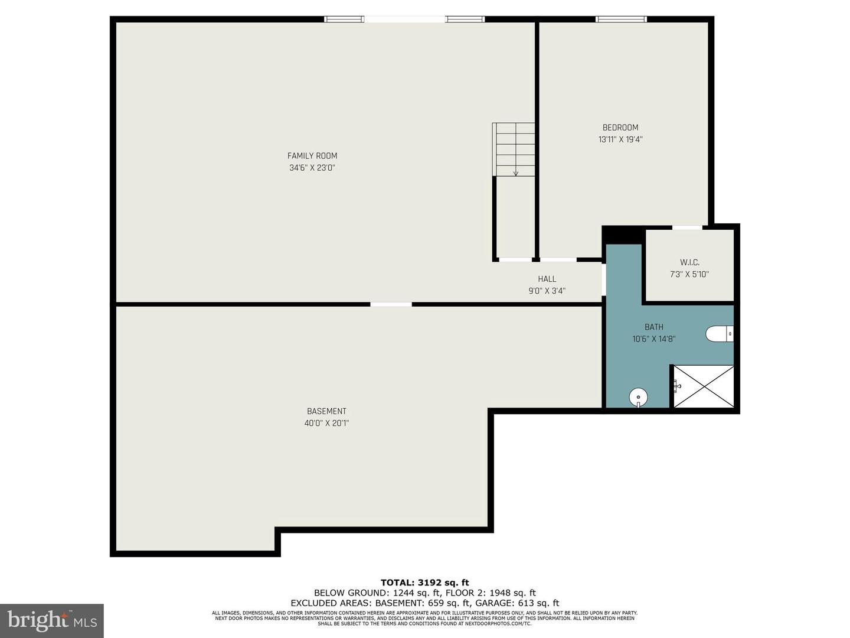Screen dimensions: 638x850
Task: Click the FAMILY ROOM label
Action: pyautogui.click(x=312, y=156)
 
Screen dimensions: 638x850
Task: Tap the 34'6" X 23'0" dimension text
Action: pyautogui.click(x=312, y=168)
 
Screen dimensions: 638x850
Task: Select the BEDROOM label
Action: pyautogui.click(x=620, y=128)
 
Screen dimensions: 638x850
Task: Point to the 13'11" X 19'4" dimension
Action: pyautogui.click(x=620, y=140)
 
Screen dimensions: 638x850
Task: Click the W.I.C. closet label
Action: pyautogui.click(x=689, y=262)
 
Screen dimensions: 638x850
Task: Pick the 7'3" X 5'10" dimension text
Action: pyautogui.click(x=689, y=274)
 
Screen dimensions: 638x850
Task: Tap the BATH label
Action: pyautogui.click(x=654, y=327)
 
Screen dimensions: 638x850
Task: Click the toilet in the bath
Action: pyautogui.click(x=720, y=334)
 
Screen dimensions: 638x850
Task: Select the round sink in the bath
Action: pyautogui.click(x=638, y=397)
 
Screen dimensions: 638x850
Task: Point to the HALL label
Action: pyautogui.click(x=547, y=279)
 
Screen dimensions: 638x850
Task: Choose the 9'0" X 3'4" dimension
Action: pyautogui.click(x=547, y=291)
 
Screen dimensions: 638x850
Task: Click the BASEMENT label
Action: pyautogui.click(x=326, y=411)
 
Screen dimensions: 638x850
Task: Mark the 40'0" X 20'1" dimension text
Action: pyautogui.click(x=326, y=423)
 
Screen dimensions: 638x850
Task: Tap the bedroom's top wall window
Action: pyautogui.click(x=621, y=19)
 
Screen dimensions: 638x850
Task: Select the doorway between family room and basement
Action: pyautogui.click(x=391, y=304)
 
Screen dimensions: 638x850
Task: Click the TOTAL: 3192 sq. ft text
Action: pyautogui.click(x=425, y=582)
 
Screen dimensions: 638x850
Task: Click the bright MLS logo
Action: pyautogui.click(x=52, y=620)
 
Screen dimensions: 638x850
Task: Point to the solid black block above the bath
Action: pyautogui.click(x=623, y=235)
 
